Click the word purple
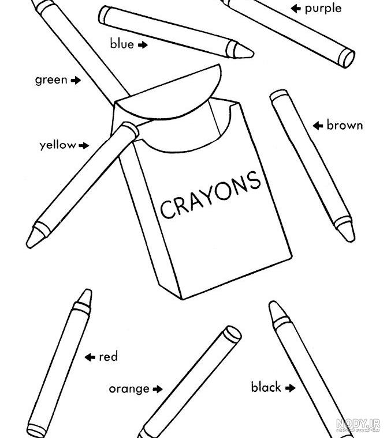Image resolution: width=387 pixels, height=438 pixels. [x=323, y=9]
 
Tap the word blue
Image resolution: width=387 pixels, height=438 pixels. [x=122, y=44]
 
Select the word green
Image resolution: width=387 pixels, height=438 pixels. [x=51, y=81]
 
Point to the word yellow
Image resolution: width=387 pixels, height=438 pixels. [x=58, y=145]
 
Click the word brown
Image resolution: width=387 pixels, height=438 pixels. [x=344, y=125]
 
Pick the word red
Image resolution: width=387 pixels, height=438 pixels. [x=109, y=357]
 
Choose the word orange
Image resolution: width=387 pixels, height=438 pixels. [x=129, y=389]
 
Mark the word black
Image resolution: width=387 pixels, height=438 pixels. [x=266, y=387]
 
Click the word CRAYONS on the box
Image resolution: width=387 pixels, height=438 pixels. [x=210, y=195]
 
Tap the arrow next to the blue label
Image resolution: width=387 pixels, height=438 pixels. [x=143, y=45]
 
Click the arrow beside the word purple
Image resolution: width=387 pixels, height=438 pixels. [x=296, y=9]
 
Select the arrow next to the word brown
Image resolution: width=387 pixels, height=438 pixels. [x=318, y=126]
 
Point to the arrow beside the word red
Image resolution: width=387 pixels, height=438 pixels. [x=90, y=357]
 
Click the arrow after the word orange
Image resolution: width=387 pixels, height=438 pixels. [x=158, y=389]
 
